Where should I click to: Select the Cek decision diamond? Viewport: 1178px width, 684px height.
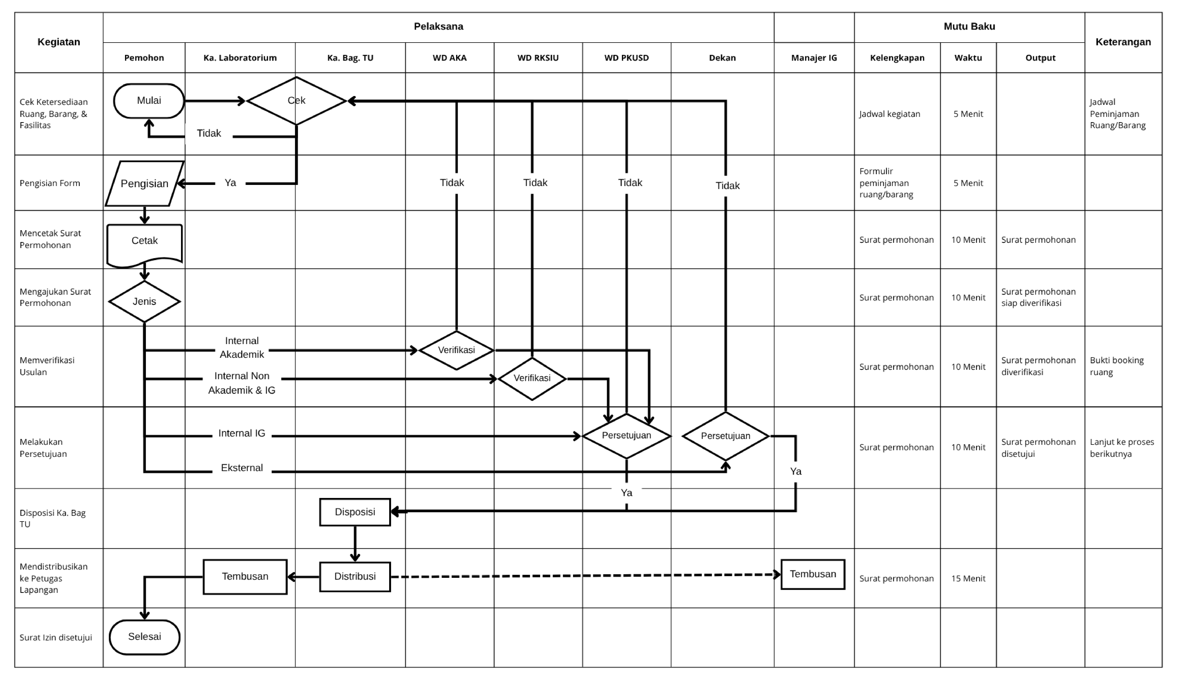296,101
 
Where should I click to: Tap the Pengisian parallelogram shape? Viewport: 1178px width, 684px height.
144,184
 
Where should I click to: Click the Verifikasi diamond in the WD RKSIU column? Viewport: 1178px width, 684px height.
532,378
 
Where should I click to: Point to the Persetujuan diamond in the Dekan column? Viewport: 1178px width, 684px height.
725,436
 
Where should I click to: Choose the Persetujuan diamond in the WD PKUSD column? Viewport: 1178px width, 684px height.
626,436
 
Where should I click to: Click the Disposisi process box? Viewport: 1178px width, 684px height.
355,512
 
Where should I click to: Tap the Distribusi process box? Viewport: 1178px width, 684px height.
355,577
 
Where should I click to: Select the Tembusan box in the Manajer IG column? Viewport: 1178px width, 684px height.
813,574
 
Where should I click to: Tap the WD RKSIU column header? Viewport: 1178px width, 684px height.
538,58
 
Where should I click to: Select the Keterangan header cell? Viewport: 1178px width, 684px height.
1123,42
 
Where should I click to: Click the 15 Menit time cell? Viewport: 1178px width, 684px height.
968,578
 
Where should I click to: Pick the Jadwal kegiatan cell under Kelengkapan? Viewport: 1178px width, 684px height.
890,114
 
